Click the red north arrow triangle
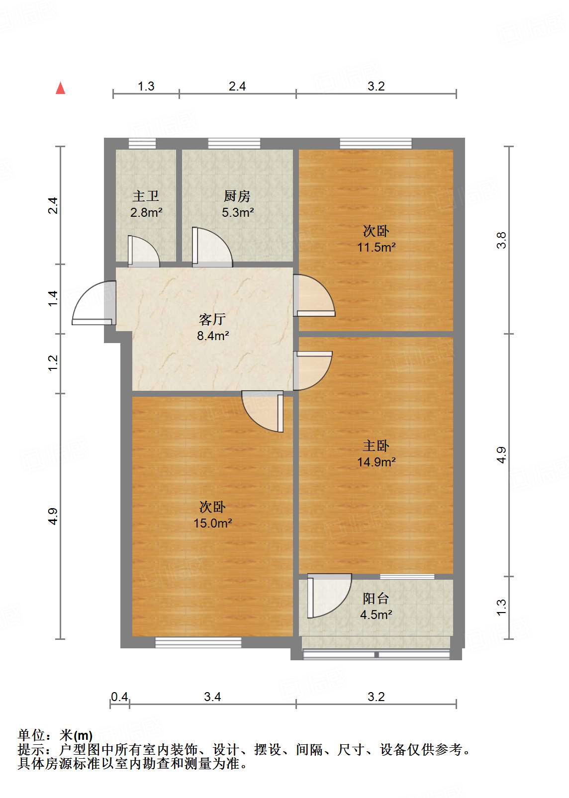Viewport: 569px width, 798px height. tap(61, 89)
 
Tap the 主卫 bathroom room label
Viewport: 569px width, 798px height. tap(146, 204)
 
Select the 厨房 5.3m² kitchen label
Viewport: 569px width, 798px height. tap(237, 204)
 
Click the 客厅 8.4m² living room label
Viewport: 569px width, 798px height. tap(212, 327)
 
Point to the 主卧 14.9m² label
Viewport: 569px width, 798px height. tap(376, 453)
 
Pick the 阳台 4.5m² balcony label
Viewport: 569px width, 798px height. tap(376, 606)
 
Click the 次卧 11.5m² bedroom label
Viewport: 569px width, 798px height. tap(376, 239)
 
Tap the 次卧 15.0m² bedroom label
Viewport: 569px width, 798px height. tap(212, 515)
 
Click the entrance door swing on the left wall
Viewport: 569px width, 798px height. tap(93, 303)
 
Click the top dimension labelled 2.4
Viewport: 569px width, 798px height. tap(237, 87)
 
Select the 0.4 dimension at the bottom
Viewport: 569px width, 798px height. tap(119, 697)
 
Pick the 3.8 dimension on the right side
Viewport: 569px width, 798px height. tap(501, 240)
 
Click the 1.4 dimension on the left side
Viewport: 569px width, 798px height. tap(53, 298)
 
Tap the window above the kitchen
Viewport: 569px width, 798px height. tap(234, 144)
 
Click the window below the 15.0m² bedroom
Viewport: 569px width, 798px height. tap(198, 642)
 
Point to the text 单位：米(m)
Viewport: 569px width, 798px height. tap(55, 735)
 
